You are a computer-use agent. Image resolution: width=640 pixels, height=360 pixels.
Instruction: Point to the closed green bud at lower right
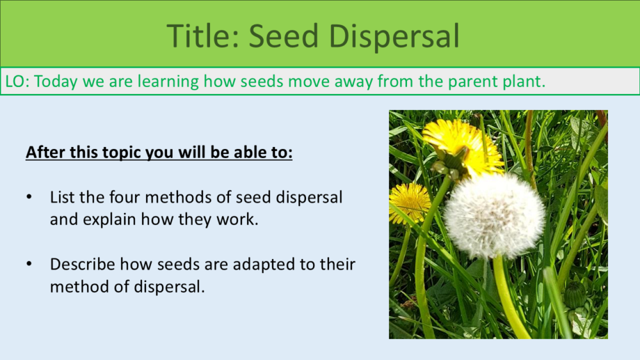tap(576, 295)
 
